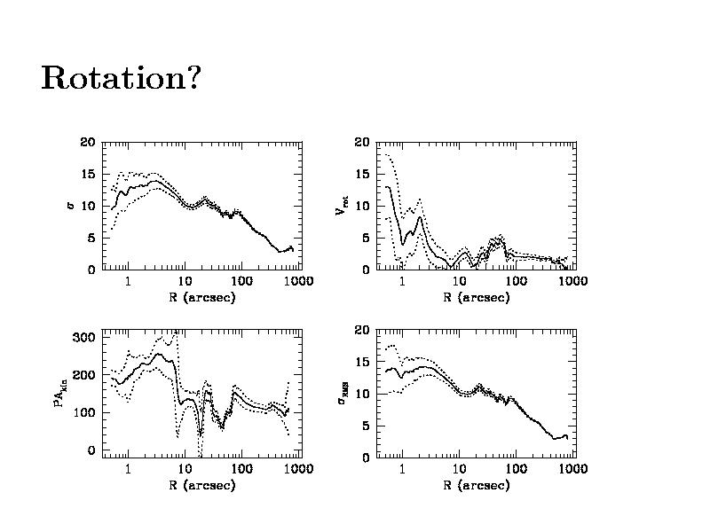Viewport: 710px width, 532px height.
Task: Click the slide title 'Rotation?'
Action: (121, 80)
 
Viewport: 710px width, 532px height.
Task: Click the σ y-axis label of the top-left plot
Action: (71, 206)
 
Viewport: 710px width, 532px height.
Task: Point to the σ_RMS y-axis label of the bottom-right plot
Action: (342, 394)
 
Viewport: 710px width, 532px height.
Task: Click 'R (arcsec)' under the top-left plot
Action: (201, 297)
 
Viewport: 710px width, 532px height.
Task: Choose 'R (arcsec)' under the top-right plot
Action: (477, 297)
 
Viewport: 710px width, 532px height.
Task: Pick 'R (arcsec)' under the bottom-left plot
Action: (201, 485)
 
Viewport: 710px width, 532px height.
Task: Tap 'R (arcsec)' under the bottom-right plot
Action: (477, 485)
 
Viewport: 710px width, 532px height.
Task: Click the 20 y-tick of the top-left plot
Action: (87, 142)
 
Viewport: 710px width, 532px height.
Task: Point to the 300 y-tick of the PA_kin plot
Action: (84, 337)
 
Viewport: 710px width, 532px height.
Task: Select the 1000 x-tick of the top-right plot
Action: (573, 281)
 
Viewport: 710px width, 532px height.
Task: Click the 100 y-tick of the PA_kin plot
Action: (84, 412)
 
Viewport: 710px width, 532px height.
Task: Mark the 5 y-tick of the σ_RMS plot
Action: (365, 426)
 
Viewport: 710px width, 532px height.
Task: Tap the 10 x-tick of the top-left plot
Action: (185, 281)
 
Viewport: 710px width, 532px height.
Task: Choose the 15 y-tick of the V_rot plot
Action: (362, 174)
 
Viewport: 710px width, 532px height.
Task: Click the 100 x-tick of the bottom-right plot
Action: (517, 469)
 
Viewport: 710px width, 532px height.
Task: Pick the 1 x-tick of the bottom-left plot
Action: (129, 469)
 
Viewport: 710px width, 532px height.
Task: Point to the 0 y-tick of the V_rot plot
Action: (365, 270)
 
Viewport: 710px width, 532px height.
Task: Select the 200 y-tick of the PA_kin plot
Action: (84, 375)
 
